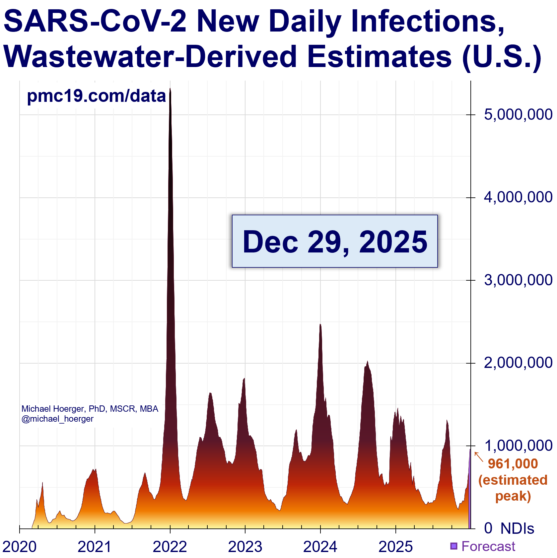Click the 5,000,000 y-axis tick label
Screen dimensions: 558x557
coord(518,115)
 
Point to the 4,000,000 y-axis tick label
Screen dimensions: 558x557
coord(518,197)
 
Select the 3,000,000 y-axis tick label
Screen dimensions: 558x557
coord(518,280)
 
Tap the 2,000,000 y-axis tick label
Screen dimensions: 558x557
coord(518,363)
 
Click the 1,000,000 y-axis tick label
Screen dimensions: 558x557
coord(518,446)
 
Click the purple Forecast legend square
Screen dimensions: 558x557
coord(453,546)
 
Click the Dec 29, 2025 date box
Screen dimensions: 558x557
coord(335,241)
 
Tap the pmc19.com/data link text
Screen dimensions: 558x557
coord(96,96)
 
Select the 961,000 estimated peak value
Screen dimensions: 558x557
coord(513,464)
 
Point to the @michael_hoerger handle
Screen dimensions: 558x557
coord(57,419)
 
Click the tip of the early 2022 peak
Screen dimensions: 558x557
coord(170,89)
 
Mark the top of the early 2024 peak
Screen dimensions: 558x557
coord(320,324)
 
